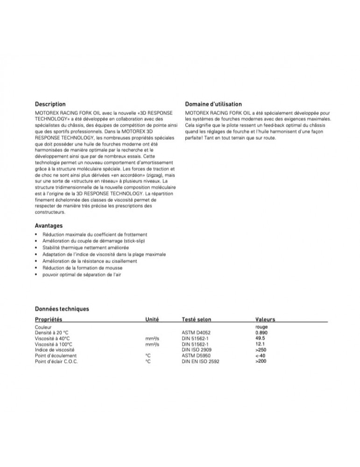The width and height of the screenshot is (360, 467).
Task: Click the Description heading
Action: point(50,104)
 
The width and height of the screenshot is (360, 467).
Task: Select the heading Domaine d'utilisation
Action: point(213,104)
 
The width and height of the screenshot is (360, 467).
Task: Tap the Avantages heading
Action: point(49,226)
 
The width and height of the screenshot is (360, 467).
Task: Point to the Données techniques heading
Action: point(62,309)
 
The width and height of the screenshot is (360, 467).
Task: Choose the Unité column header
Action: point(153,320)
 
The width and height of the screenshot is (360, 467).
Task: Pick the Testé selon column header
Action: point(196,320)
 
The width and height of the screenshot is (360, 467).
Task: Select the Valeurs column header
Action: point(265,320)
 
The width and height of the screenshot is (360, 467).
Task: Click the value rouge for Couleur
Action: point(263,327)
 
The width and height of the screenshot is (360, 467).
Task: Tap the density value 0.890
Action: point(262,333)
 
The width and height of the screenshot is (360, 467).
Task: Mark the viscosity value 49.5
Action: point(261,338)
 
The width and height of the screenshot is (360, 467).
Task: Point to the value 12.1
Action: point(261,344)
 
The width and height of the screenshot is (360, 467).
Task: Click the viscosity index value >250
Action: point(261,349)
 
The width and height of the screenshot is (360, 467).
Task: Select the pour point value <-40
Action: point(261,355)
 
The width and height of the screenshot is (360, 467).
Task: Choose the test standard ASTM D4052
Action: point(198,333)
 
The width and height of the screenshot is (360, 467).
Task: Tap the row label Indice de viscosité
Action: point(55,350)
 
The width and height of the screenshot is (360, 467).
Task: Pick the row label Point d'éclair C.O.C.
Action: point(56,361)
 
